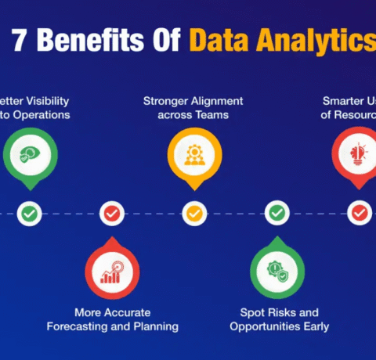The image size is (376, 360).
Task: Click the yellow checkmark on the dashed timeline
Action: [193, 213]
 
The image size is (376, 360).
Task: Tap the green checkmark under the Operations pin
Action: [29, 213]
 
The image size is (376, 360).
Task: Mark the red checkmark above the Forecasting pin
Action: [112, 213]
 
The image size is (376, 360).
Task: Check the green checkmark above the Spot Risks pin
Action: [277, 213]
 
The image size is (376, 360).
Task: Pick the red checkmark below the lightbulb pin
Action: [359, 213]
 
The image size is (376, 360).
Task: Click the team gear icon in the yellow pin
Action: [193, 153]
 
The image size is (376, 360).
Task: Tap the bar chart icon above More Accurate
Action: [111, 272]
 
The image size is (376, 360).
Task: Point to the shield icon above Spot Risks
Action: [277, 272]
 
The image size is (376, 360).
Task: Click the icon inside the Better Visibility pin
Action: [28, 153]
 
